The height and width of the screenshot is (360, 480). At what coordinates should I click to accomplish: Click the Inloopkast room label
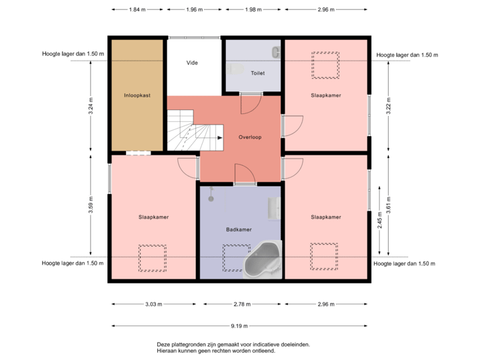(137, 95)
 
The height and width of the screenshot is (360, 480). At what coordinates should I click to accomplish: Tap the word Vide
(193, 63)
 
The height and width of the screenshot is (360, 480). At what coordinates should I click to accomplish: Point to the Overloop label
(250, 137)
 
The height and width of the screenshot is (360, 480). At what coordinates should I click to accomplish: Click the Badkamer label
(239, 229)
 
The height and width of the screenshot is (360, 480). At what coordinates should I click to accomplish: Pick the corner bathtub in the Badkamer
(263, 261)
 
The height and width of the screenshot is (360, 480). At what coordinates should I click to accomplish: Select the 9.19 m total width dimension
(240, 326)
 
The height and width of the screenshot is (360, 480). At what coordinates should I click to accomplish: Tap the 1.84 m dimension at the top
(137, 10)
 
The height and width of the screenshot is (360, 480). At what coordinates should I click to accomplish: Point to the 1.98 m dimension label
(254, 10)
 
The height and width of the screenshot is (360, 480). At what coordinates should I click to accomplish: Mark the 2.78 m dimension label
(242, 304)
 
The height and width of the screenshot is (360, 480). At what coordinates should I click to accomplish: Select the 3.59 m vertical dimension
(91, 204)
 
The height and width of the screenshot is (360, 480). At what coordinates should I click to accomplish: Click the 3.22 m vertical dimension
(389, 107)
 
